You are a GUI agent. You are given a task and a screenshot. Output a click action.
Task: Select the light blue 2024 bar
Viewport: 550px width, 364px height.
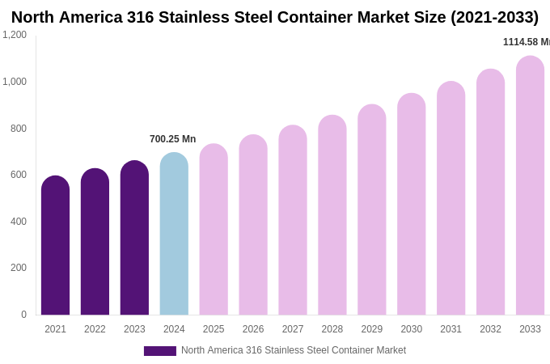point(174,234)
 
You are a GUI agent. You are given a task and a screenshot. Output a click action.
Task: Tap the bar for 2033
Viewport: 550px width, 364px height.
point(530,185)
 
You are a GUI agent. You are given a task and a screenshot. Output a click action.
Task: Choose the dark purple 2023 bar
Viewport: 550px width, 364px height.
point(134,238)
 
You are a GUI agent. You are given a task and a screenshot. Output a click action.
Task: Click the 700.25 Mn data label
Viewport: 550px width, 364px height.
point(172,139)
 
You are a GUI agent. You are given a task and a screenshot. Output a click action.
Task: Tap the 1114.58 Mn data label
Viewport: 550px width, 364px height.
point(526,42)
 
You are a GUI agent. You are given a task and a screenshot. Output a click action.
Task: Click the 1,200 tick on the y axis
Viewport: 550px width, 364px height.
point(15,35)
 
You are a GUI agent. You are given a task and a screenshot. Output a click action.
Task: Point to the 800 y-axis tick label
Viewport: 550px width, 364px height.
point(18,128)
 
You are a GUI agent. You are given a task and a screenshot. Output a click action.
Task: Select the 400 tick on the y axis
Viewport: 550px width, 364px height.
point(18,222)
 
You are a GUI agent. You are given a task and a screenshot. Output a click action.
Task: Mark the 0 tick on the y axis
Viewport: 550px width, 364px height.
point(23,315)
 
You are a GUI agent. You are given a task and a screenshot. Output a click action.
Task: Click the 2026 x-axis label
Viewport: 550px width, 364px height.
point(253,329)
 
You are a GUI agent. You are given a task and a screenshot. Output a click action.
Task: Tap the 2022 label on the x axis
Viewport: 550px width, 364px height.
point(95,329)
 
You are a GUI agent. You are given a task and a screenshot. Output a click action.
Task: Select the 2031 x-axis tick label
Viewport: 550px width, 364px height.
point(451,329)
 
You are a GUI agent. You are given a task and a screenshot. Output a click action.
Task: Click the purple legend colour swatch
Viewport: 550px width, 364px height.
point(159,351)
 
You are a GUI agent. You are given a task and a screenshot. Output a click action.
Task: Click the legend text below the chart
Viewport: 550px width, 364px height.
point(294,350)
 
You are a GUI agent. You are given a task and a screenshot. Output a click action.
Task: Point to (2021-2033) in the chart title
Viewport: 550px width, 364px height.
point(494,17)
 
